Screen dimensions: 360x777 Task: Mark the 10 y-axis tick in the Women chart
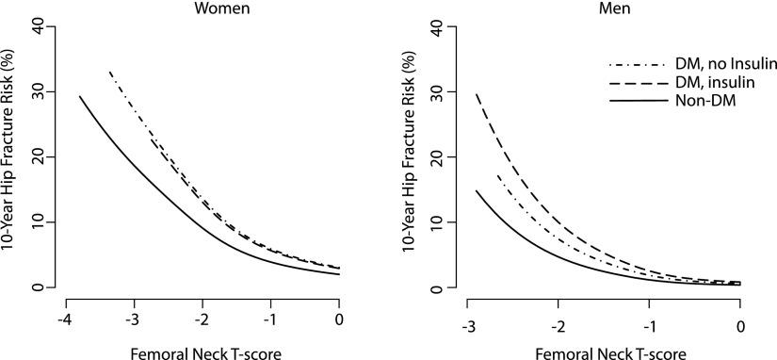[x=38, y=222]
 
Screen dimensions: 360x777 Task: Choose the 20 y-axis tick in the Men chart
[x=438, y=157]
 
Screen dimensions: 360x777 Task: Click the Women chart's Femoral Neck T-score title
[x=203, y=348]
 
